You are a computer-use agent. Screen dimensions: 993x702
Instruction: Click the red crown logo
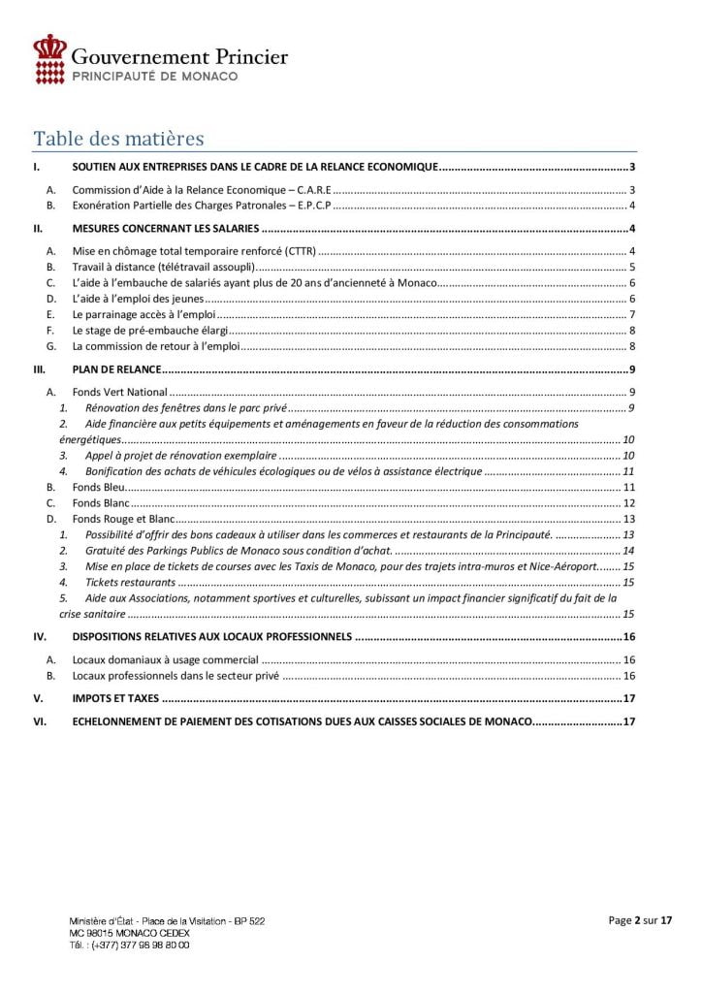(x=49, y=57)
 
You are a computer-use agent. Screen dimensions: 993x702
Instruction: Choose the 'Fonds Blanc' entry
(x=102, y=503)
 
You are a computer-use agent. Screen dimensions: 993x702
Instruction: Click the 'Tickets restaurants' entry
(x=130, y=583)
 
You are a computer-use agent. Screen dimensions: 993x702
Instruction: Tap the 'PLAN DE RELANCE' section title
(x=116, y=369)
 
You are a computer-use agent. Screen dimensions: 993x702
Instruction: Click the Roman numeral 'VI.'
(x=40, y=721)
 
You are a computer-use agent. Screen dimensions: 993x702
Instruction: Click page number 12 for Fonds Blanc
(x=628, y=503)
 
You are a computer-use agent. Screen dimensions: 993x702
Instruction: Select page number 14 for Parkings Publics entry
(x=628, y=551)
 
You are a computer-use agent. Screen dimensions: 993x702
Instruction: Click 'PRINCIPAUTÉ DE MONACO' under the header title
(x=155, y=75)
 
